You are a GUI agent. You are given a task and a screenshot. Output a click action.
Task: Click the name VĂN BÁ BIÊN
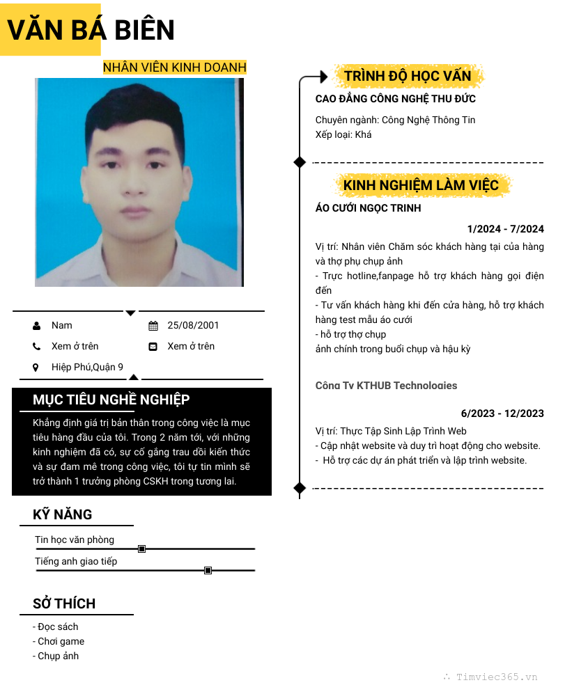click(x=91, y=30)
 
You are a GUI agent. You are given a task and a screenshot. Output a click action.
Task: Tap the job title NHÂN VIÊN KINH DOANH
click(x=174, y=68)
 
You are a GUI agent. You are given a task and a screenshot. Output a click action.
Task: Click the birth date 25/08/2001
click(x=193, y=325)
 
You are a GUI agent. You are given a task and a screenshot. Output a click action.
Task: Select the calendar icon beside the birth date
click(x=153, y=325)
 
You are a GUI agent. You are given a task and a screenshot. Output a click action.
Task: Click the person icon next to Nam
click(x=36, y=325)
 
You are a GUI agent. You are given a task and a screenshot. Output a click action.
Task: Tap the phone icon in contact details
click(x=36, y=346)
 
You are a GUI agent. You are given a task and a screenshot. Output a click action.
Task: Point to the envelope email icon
click(x=153, y=346)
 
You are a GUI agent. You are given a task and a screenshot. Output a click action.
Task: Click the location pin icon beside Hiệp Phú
click(x=36, y=367)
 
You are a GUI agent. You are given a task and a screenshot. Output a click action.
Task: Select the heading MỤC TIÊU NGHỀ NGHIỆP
click(x=111, y=400)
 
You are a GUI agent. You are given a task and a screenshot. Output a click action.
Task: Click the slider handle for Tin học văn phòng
click(x=141, y=549)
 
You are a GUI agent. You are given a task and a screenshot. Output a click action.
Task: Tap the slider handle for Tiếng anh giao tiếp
click(x=208, y=571)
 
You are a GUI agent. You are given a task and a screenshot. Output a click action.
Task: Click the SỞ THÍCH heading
click(x=64, y=604)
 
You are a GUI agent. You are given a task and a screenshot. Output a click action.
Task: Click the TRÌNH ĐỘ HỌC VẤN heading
click(x=408, y=76)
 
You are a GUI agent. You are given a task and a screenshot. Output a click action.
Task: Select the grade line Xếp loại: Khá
click(x=343, y=134)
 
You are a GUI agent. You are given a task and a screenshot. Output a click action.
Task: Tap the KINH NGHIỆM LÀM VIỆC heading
click(x=421, y=185)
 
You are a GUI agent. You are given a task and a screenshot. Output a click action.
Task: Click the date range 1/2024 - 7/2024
click(x=505, y=229)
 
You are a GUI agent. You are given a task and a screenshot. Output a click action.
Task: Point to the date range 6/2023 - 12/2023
click(x=502, y=414)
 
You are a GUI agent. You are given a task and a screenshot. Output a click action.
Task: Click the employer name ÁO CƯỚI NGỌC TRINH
click(x=368, y=208)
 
